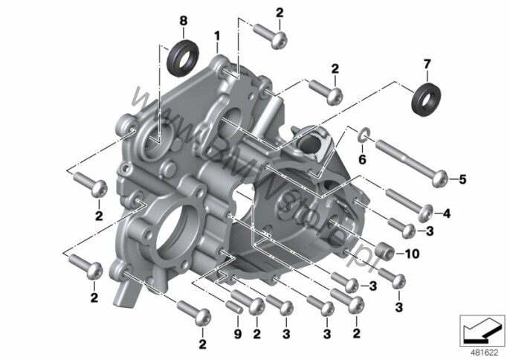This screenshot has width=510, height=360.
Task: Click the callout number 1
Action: point(218,35)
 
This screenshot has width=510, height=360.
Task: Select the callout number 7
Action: point(427,65)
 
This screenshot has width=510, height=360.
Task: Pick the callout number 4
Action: point(447,214)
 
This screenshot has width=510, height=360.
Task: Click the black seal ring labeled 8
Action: point(184,57)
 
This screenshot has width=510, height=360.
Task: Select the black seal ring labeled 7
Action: point(426,98)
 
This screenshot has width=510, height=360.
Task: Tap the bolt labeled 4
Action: point(408,202)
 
